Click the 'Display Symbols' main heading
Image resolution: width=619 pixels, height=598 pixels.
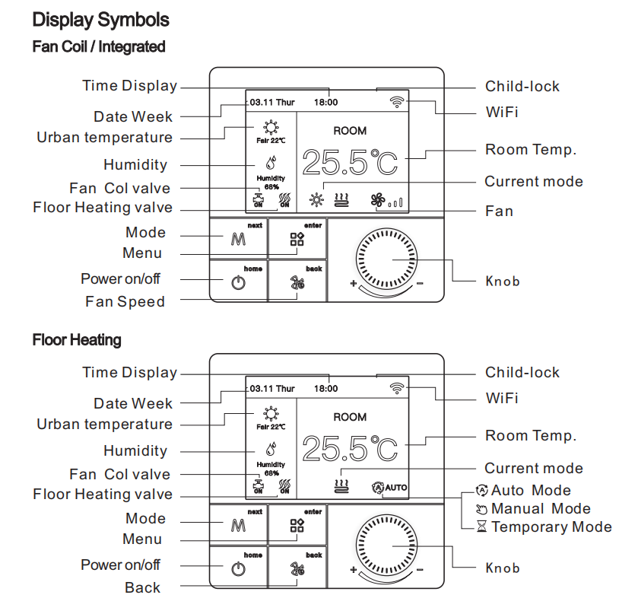pos(100,20)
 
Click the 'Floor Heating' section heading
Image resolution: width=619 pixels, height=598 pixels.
pos(77,339)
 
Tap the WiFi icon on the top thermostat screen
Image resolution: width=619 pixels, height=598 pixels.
pos(397,102)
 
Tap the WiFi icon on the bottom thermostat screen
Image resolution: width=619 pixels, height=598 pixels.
pos(397,388)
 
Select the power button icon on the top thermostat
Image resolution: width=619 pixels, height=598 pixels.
pos(239,283)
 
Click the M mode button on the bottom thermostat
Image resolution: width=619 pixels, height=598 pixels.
pos(238,525)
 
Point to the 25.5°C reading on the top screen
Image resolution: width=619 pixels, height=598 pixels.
pos(350,162)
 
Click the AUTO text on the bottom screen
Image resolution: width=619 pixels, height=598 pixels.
pos(396,488)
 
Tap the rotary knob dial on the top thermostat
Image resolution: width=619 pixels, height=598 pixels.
pos(386,259)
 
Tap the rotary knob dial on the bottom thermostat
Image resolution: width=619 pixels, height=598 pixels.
pos(386,546)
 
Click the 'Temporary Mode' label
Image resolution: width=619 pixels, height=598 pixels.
pos(551,526)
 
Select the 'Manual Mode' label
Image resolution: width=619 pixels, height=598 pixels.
pos(541,508)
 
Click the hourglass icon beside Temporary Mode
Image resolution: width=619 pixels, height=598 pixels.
pos(481,526)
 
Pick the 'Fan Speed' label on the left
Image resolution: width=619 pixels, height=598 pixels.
pos(125,301)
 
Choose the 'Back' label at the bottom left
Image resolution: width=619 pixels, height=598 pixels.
pos(142,587)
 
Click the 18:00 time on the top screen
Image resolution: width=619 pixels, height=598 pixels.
pos(325,102)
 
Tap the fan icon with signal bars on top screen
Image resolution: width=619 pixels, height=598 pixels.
pos(387,201)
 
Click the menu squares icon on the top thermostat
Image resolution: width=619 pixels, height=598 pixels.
pos(297,239)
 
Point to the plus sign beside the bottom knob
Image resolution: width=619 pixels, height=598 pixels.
pos(354,570)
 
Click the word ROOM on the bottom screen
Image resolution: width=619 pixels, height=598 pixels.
pos(350,417)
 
